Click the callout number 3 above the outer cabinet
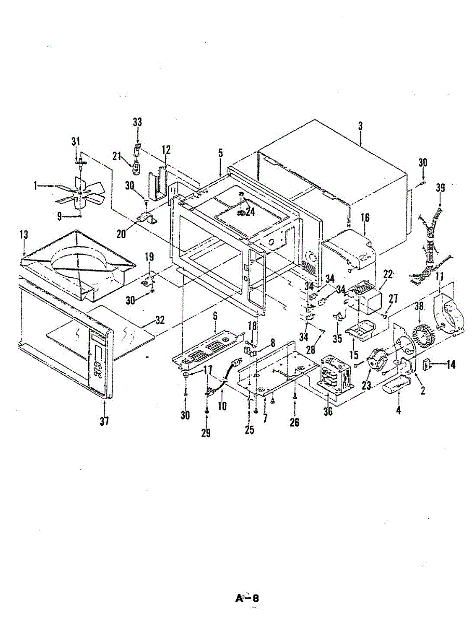point(360,126)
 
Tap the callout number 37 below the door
point(104,422)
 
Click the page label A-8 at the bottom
point(247,598)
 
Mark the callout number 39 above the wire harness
point(440,188)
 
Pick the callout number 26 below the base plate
point(294,422)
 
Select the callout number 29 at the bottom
point(206,432)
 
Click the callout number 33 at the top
point(137,123)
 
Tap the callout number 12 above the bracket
point(166,151)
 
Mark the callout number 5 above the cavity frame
point(221,153)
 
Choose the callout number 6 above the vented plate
point(215,316)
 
